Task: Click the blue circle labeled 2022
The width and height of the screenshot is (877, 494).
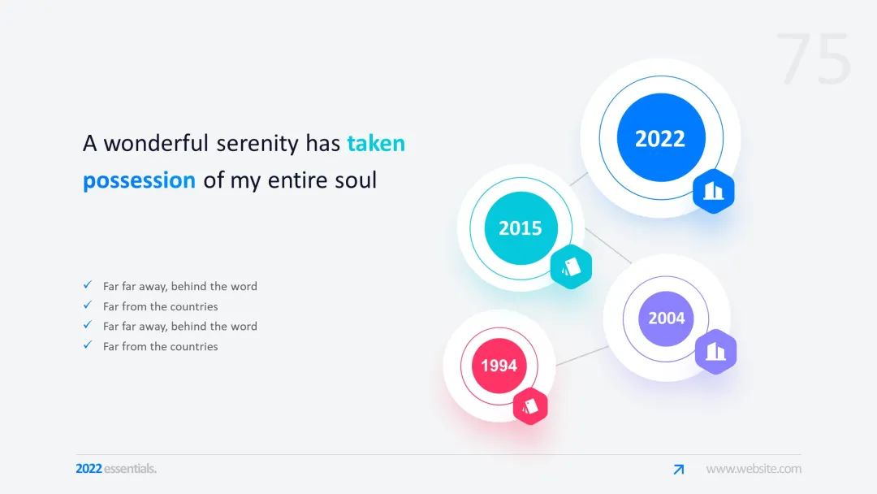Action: click(660, 137)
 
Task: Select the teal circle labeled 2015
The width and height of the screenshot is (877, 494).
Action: click(521, 227)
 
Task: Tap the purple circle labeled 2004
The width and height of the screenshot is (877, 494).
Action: click(666, 318)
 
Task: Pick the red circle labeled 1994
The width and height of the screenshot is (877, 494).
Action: click(499, 366)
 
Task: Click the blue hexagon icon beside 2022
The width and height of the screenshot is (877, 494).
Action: click(713, 191)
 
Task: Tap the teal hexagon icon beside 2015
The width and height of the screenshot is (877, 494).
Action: click(571, 266)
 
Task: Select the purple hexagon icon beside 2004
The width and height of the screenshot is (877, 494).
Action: click(715, 351)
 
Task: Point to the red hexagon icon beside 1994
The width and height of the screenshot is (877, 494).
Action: click(530, 406)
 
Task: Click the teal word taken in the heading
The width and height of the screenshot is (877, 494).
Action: click(376, 143)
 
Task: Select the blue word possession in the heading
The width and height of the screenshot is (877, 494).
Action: click(140, 180)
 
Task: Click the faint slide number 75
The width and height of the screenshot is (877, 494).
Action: click(814, 58)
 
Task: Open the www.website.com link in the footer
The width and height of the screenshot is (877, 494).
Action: click(754, 469)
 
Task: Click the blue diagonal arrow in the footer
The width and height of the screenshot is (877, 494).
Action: click(678, 470)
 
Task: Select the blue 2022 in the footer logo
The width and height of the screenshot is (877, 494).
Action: click(89, 469)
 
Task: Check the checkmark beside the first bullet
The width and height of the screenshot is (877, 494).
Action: click(88, 284)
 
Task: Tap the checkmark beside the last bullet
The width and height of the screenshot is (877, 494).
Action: click(88, 344)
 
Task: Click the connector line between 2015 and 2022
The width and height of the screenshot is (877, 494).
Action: click(579, 179)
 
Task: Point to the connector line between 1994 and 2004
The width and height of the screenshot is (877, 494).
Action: click(582, 356)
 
